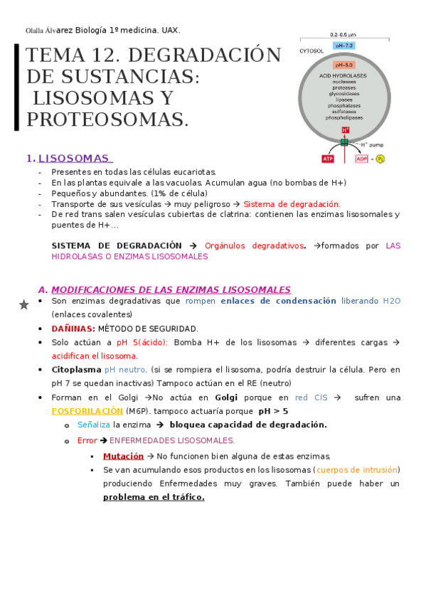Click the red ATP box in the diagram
(x=328, y=159)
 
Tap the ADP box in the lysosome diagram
(x=362, y=159)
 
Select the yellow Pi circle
(x=379, y=159)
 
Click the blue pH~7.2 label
(x=344, y=46)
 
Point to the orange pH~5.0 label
(x=345, y=65)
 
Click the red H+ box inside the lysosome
(x=345, y=130)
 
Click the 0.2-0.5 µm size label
(x=344, y=34)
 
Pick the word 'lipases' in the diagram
(x=345, y=100)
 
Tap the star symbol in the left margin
(x=23, y=305)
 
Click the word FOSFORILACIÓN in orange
(x=87, y=411)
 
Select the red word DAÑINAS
(x=73, y=329)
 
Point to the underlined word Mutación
(x=123, y=456)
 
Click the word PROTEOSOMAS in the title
(x=107, y=119)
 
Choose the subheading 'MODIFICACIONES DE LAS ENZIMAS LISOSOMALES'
(x=171, y=289)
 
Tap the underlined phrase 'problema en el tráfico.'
(x=154, y=497)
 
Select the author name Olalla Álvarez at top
(x=50, y=31)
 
